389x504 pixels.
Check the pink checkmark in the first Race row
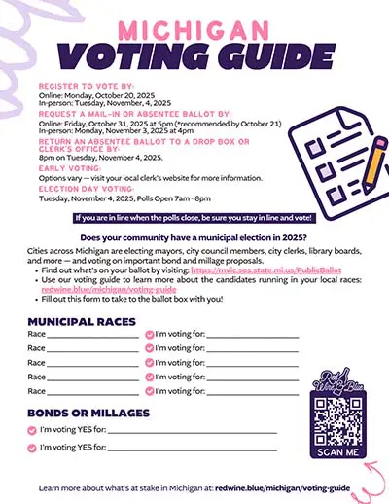[x=149, y=334]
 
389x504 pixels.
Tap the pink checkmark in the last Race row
[x=149, y=390]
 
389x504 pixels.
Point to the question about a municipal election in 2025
[x=194, y=237]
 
